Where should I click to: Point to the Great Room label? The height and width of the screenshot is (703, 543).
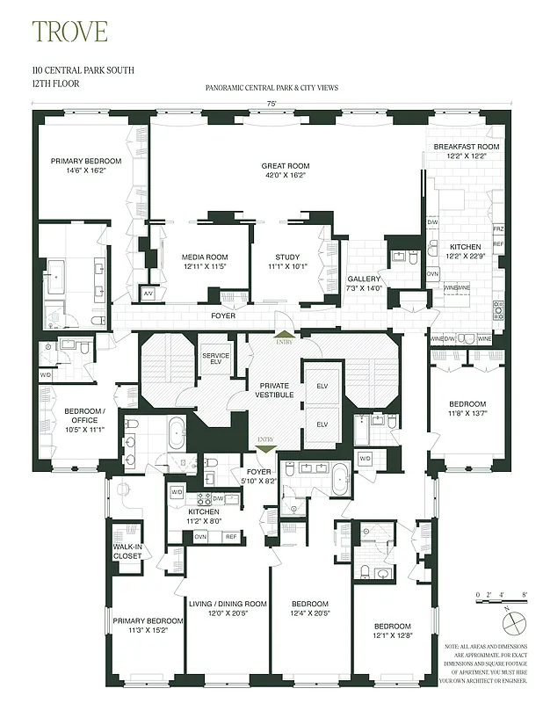click(x=286, y=170)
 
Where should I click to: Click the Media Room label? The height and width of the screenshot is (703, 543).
click(x=205, y=261)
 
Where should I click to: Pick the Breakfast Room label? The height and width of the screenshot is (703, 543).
click(x=466, y=150)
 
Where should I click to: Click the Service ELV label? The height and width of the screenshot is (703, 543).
click(x=215, y=359)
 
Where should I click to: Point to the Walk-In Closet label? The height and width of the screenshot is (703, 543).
click(x=127, y=550)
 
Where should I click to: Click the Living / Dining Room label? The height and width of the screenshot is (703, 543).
click(x=228, y=608)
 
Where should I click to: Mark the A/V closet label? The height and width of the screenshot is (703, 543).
click(x=148, y=293)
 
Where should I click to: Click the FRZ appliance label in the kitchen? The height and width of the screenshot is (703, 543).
click(x=498, y=228)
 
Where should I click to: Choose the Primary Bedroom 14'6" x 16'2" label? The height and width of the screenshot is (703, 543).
click(x=78, y=165)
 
